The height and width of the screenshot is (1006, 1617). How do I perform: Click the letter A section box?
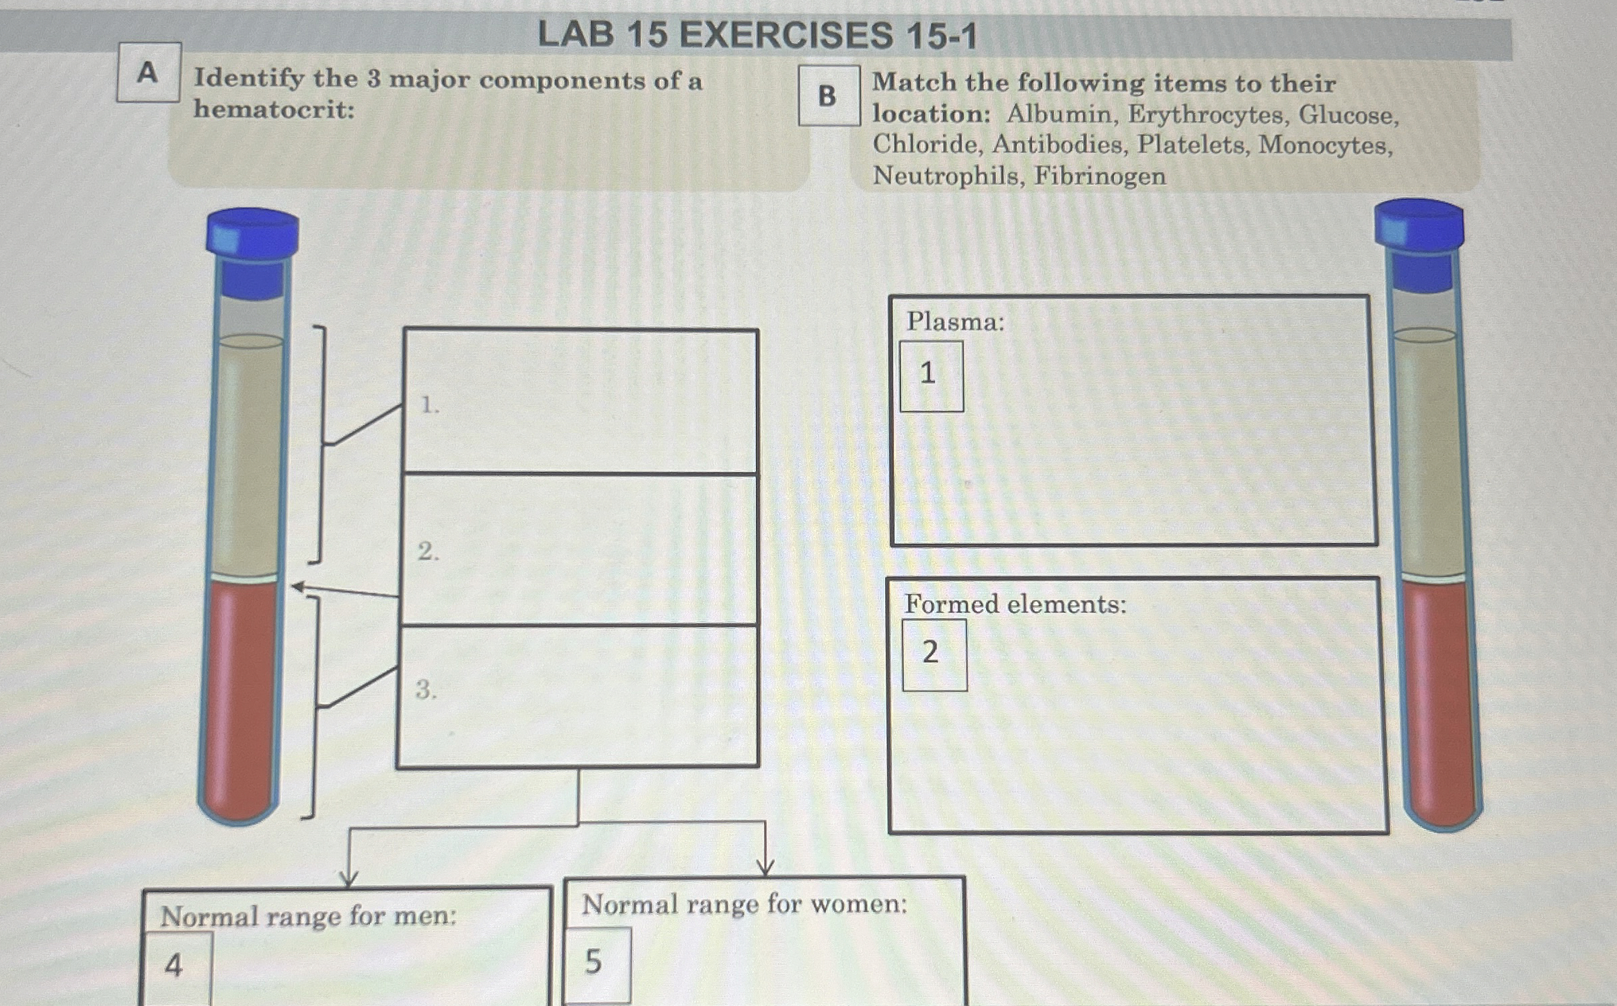point(148,73)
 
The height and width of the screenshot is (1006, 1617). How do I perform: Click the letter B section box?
point(829,95)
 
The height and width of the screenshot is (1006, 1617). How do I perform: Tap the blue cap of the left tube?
point(252,232)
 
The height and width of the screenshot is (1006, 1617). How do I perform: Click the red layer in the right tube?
point(1441,699)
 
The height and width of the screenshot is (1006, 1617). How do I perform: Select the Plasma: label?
point(955,322)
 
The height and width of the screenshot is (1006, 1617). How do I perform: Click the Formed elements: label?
point(1015,604)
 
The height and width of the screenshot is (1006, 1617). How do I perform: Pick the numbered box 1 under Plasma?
point(931,376)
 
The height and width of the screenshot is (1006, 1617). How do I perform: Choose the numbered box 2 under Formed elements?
point(934,654)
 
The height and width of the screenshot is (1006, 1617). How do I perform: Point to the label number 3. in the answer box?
point(426,689)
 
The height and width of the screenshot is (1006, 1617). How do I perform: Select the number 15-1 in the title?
point(940,36)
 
